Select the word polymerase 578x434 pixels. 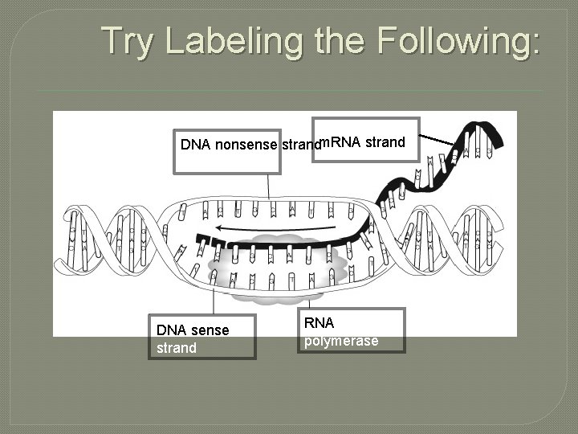point(340,341)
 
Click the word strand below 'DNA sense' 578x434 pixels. point(176,348)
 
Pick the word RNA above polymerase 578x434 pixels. point(319,323)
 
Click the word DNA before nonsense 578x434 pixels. point(196,145)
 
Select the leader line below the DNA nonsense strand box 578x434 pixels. point(269,186)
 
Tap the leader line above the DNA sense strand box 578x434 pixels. point(213,299)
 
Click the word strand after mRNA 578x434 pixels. point(385,143)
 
